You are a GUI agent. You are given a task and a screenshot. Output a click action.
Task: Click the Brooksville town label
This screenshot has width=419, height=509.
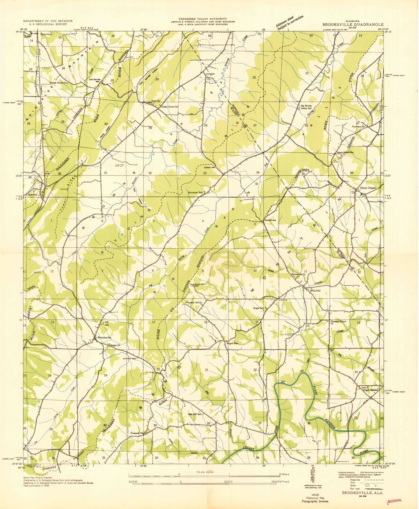click(104, 337)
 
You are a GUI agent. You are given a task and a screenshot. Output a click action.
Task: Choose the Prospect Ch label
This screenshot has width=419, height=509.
click(137, 433)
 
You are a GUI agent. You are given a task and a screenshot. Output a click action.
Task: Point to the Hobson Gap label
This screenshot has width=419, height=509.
click(210, 168)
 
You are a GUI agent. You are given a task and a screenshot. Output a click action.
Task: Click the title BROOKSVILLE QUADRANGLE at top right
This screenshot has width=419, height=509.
click(353, 24)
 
